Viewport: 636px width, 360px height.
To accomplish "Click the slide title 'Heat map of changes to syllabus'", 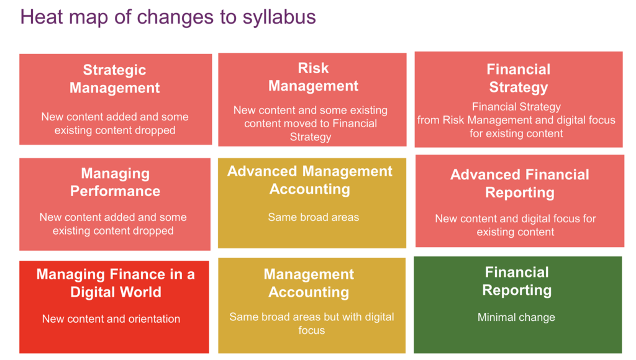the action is (168, 17).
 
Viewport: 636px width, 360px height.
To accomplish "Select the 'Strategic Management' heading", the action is (115, 79).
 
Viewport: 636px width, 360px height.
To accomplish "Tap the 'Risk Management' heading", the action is (313, 76).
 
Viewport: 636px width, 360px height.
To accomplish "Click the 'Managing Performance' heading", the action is (115, 182).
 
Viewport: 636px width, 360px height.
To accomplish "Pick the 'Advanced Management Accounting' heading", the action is (310, 180).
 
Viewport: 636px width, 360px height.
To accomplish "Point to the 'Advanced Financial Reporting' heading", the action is (520, 183).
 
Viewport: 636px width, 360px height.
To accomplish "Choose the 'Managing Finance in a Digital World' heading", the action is (116, 283).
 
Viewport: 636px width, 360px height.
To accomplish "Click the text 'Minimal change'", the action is (516, 317).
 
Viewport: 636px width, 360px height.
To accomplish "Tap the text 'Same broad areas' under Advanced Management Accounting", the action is (313, 217).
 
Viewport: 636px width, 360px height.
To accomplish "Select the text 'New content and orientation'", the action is (111, 318).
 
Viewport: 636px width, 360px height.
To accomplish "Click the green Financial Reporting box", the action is (518, 305).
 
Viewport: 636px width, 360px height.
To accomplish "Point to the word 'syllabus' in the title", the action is (279, 17).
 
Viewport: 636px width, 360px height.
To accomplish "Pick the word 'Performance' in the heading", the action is (115, 191).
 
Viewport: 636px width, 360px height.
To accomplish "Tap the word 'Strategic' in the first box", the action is (114, 70).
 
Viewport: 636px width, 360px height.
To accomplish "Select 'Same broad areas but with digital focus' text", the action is (312, 323).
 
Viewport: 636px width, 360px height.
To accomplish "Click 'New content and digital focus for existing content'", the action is (516, 225).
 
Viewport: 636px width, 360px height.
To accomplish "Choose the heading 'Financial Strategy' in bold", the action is (519, 78).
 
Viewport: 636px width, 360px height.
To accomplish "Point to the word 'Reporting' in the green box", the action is (517, 290).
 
